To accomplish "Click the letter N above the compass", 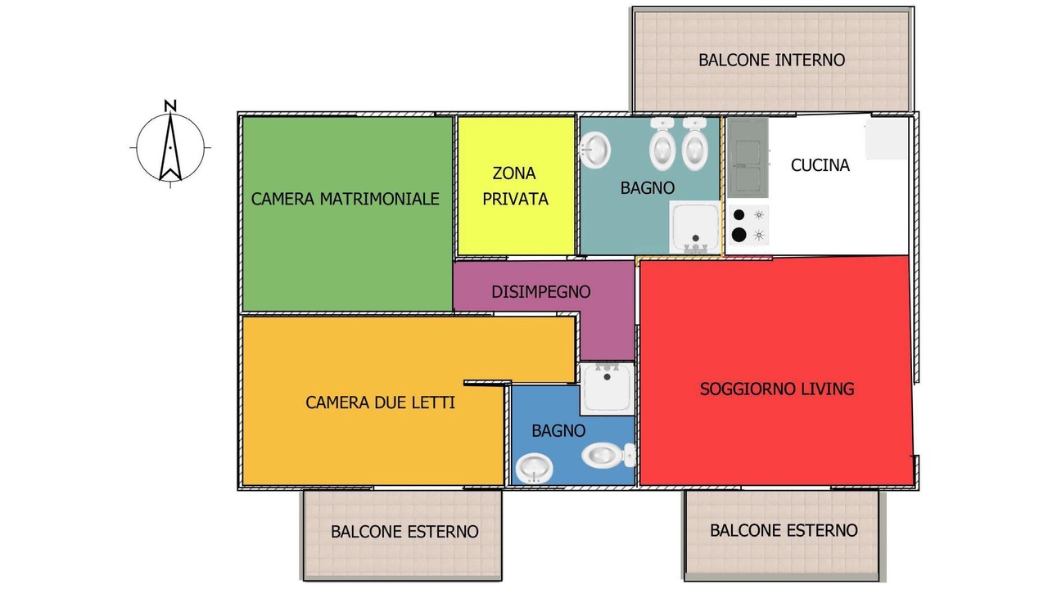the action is point(170,106).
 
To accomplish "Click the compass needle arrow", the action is point(170,146).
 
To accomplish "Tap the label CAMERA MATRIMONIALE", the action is point(346,199).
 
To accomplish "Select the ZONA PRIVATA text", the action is point(515,186).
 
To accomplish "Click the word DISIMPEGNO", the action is point(541,292).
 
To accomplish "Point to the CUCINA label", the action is point(820,165).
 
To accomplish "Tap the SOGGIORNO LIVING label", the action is point(777,389).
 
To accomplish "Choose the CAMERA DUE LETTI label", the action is point(381,402).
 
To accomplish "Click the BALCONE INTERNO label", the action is point(772,60).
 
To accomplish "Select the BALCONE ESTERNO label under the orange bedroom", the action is point(404,532).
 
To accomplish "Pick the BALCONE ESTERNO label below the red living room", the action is point(784,531).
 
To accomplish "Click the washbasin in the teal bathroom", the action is point(594,150).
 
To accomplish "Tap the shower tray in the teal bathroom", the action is point(695,227).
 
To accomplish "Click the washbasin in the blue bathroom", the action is point(535,469).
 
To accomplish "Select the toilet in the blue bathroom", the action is point(608,455).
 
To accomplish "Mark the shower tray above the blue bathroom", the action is point(608,389).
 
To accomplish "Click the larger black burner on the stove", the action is point(739,235).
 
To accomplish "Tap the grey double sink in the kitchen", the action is point(748,158).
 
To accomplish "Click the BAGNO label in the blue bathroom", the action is point(558,430).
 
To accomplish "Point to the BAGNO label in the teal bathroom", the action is point(648,188).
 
